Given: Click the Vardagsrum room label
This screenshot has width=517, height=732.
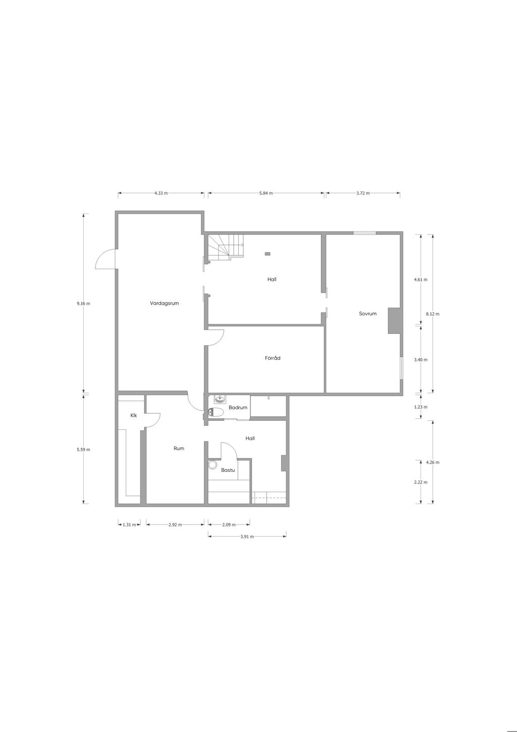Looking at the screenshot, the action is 164,303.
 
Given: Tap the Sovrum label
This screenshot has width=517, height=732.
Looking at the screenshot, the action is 368,313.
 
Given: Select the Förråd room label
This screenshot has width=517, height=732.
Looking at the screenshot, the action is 272,358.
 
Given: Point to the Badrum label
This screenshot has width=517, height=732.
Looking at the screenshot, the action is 238,408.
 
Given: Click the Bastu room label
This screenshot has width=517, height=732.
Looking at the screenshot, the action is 228,470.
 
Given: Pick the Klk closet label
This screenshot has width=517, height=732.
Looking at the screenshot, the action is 134,415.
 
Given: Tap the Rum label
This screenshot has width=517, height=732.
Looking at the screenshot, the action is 179,449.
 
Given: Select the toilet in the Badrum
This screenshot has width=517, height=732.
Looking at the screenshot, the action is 216,413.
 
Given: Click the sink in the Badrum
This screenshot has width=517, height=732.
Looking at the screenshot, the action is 219,399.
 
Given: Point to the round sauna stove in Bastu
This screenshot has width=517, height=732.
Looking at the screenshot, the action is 213,465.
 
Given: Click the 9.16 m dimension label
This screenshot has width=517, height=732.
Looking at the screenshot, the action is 83,303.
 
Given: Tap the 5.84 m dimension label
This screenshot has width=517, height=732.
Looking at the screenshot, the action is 266,193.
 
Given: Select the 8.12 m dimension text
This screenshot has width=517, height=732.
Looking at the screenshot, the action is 433,314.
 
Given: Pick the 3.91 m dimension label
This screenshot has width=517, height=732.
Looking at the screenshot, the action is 247,536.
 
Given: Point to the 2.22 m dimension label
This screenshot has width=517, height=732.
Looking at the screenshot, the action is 421,482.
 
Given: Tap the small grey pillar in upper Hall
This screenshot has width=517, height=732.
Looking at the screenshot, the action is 268,253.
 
